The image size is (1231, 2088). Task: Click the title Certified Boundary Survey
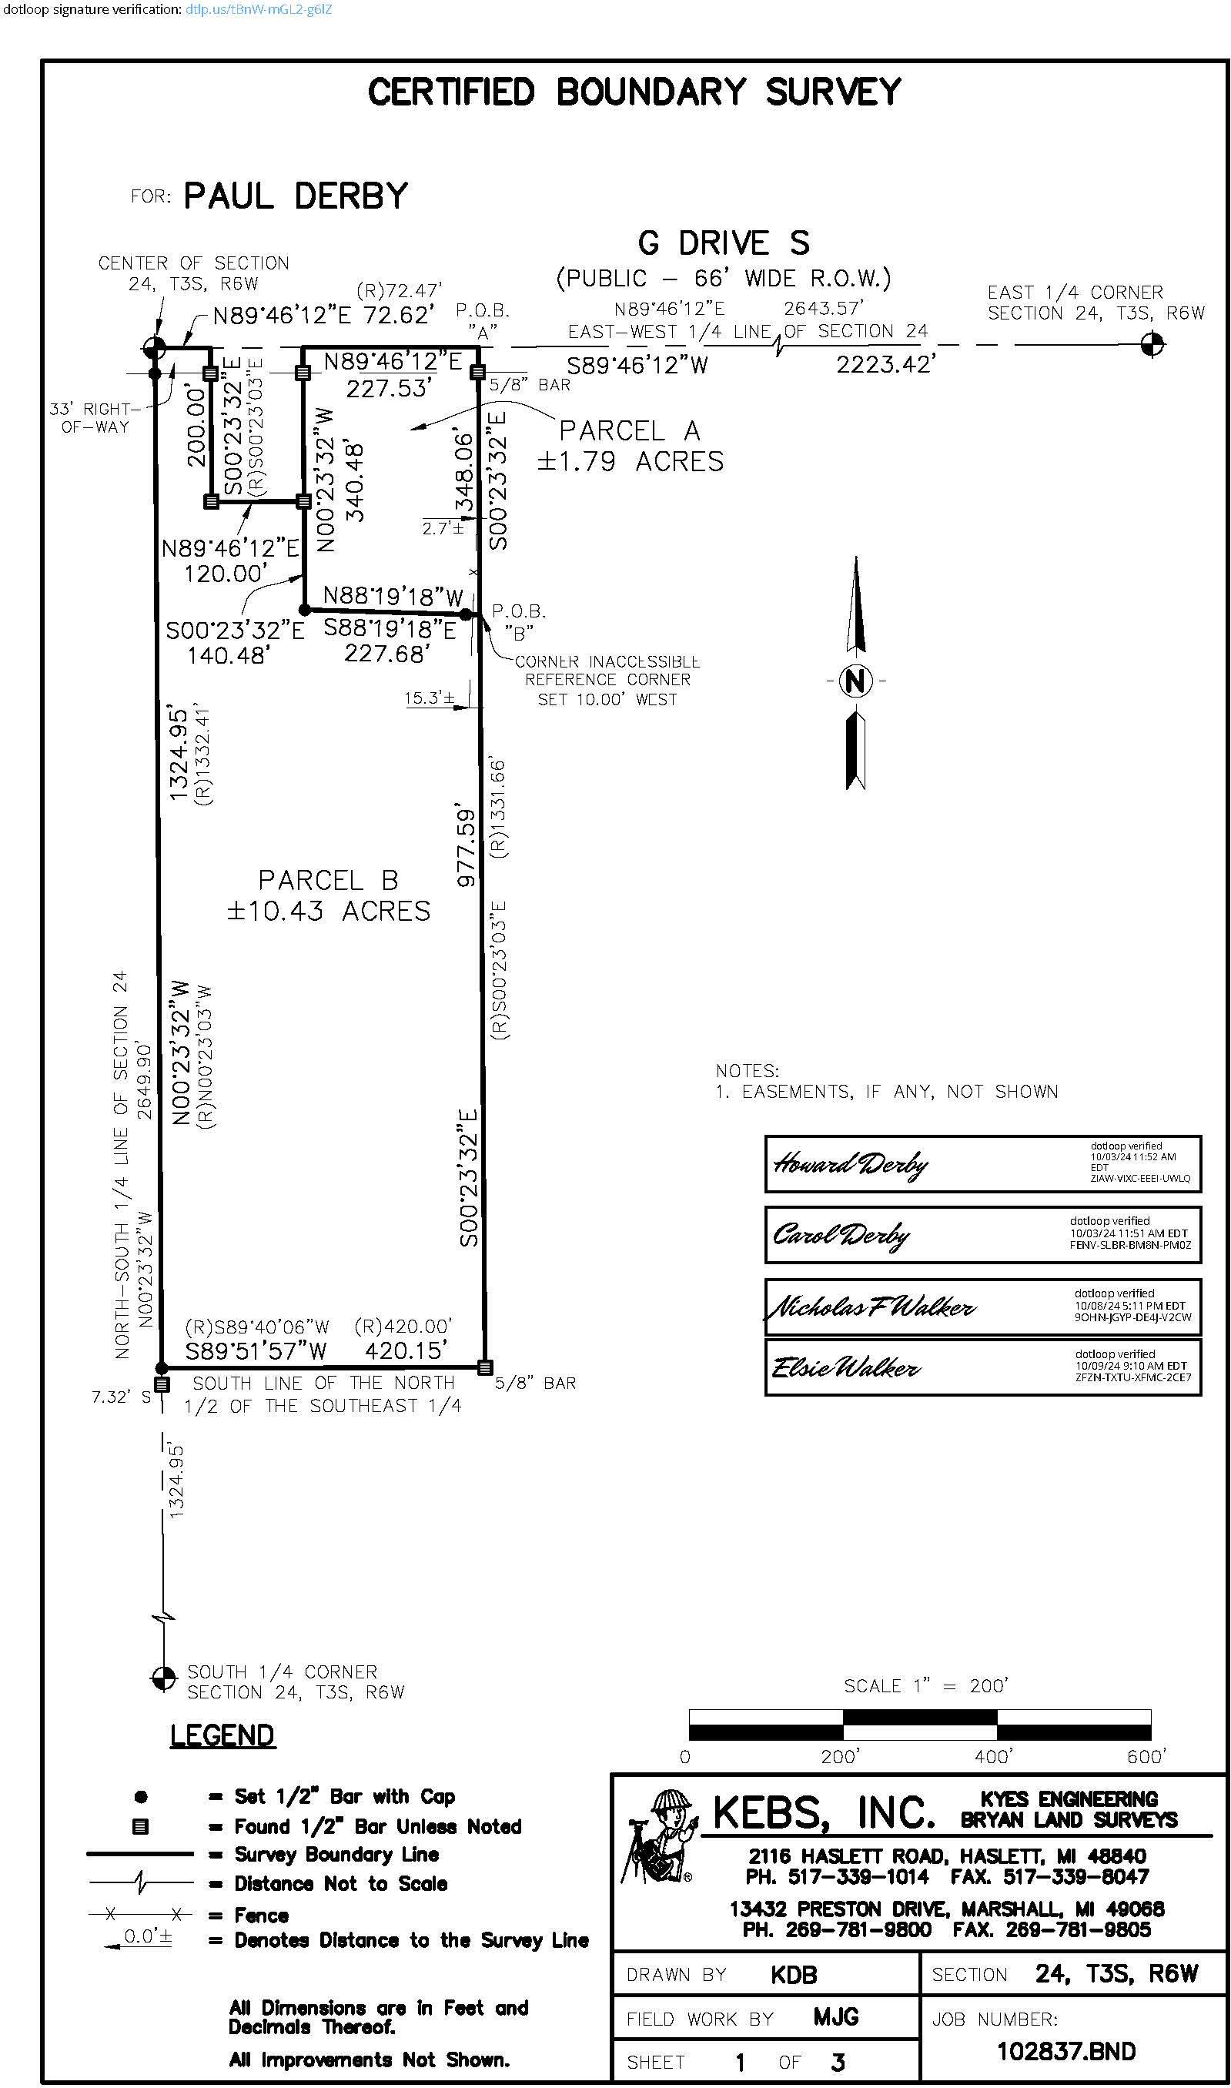[x=634, y=92]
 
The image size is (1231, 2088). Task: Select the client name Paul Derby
[x=296, y=196]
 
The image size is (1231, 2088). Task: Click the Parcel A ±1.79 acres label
[x=630, y=446]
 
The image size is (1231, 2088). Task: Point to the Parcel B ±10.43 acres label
[x=329, y=895]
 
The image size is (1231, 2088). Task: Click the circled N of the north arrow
[x=855, y=681]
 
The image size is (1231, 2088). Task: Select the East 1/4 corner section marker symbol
[x=1152, y=343]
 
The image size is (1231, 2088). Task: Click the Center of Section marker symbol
[x=154, y=346]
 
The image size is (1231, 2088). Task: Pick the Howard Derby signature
[x=850, y=1165]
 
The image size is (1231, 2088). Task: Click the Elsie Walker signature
[x=845, y=1367]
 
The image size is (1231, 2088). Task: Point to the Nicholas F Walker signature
[x=871, y=1307]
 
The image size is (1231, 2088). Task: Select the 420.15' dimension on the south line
[x=406, y=1350]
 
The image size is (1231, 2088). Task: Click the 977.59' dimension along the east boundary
[x=467, y=848]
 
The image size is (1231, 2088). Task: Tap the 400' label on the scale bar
[x=992, y=1757]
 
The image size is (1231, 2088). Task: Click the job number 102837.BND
[x=1066, y=2052]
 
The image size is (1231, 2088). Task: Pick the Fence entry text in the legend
[x=261, y=1916]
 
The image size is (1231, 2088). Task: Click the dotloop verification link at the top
[x=259, y=10]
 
